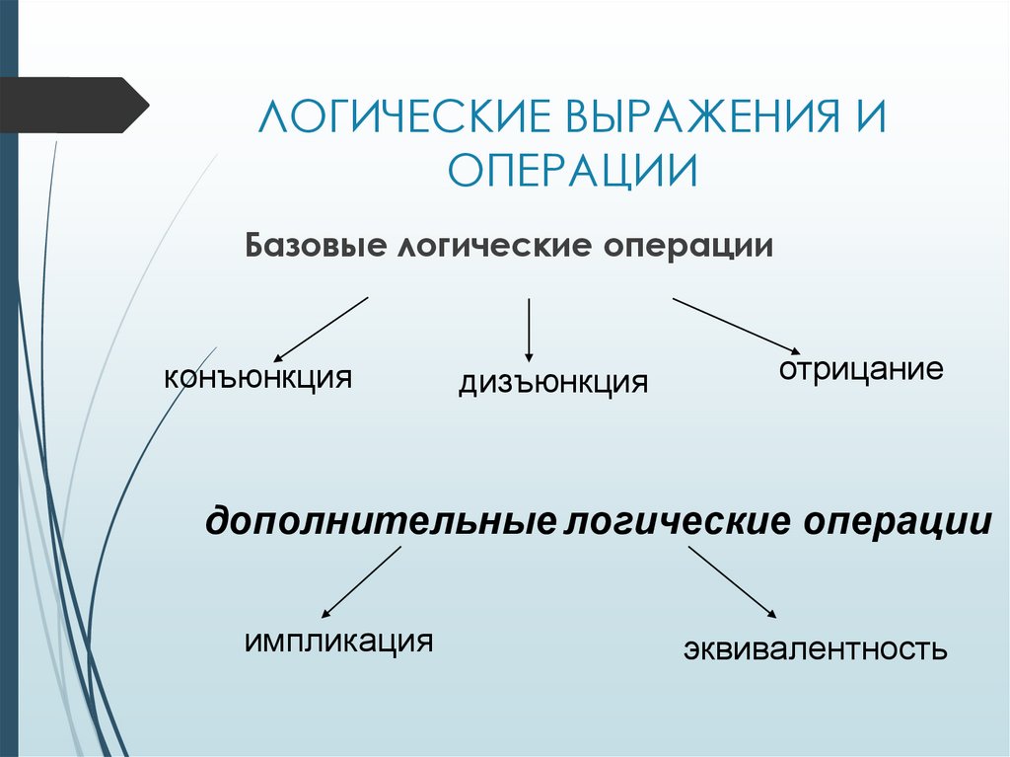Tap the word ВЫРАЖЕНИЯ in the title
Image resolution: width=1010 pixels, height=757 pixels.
pyautogui.click(x=694, y=119)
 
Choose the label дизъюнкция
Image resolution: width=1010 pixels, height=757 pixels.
pyautogui.click(x=552, y=382)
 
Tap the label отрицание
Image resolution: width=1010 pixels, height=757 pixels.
pyautogui.click(x=861, y=371)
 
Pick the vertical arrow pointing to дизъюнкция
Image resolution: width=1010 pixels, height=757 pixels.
pyautogui.click(x=530, y=330)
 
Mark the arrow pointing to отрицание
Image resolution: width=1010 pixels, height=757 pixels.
pyautogui.click(x=736, y=325)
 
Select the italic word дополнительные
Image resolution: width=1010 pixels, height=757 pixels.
pyautogui.click(x=382, y=522)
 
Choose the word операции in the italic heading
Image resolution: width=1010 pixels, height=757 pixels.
pyautogui.click(x=895, y=522)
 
